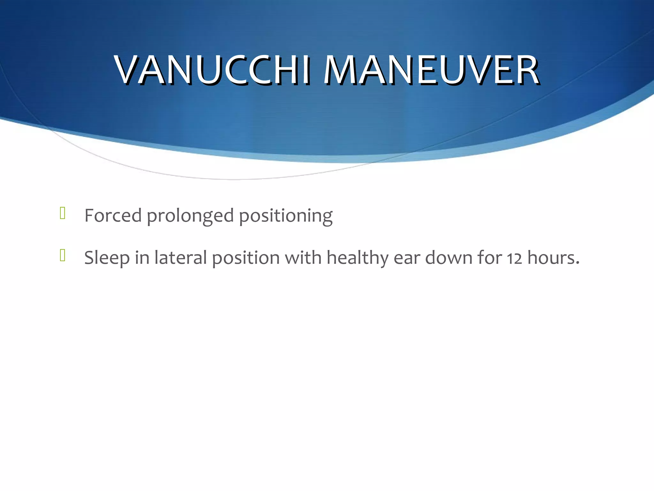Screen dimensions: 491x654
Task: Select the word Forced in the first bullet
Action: pos(113,215)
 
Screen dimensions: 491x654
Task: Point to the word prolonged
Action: pos(190,216)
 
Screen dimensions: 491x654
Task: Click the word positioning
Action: pos(286,216)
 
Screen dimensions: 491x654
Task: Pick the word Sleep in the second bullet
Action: pos(107,258)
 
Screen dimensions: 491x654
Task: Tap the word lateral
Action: pos(181,258)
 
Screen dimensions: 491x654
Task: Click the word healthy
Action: pos(357,258)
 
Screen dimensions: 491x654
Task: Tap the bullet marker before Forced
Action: pos(63,213)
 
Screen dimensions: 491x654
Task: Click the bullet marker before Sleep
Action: pos(63,255)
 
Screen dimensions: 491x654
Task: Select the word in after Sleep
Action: pos(142,258)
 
